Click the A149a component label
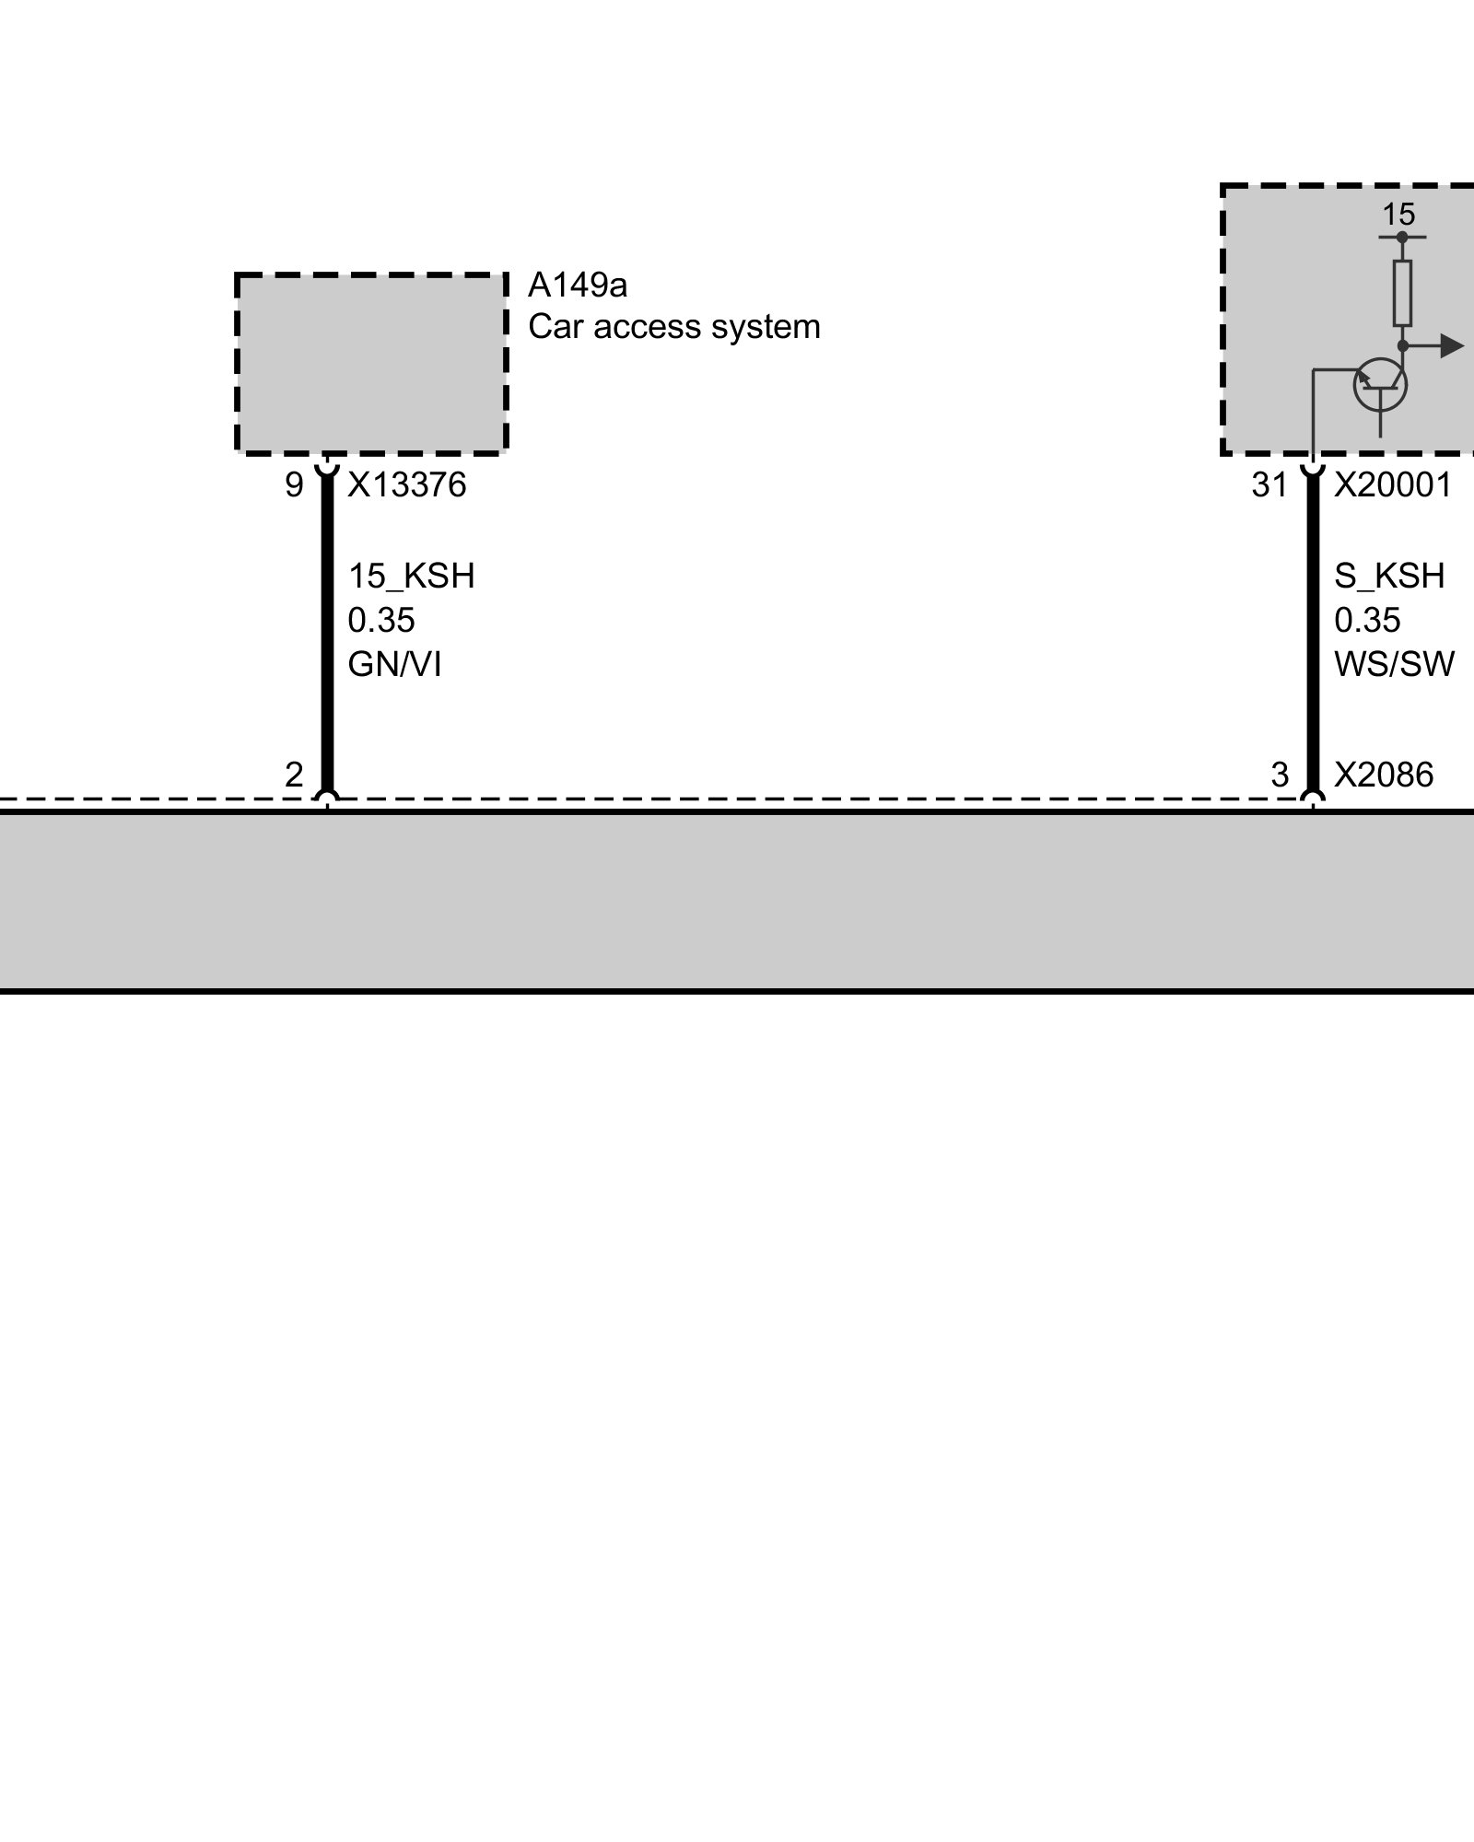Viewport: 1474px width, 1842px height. (x=577, y=286)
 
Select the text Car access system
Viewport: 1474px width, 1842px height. (x=673, y=327)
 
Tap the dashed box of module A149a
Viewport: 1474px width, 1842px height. (x=371, y=364)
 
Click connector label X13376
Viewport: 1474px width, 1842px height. (x=406, y=485)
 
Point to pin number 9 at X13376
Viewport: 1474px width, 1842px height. (x=294, y=485)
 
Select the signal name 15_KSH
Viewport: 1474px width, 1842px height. (x=411, y=577)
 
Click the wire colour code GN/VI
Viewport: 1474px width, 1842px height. (x=394, y=664)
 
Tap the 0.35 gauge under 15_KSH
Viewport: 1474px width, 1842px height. (x=380, y=621)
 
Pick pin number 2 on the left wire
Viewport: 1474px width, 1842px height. (x=294, y=775)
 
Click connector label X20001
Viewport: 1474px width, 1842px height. (x=1393, y=485)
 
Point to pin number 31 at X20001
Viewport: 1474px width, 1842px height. (x=1269, y=485)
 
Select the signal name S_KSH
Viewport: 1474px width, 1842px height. (x=1389, y=577)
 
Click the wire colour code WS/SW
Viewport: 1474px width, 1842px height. (x=1394, y=664)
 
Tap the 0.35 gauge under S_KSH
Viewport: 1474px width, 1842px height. (x=1367, y=621)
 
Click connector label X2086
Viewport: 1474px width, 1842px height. (x=1384, y=775)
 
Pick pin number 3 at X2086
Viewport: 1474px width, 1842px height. (x=1280, y=775)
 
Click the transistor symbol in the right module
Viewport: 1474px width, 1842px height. (x=1380, y=385)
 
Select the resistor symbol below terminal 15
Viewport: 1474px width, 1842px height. (x=1402, y=293)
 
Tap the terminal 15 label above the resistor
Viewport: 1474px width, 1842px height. (x=1398, y=216)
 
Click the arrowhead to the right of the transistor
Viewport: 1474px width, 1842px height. (x=1452, y=346)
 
